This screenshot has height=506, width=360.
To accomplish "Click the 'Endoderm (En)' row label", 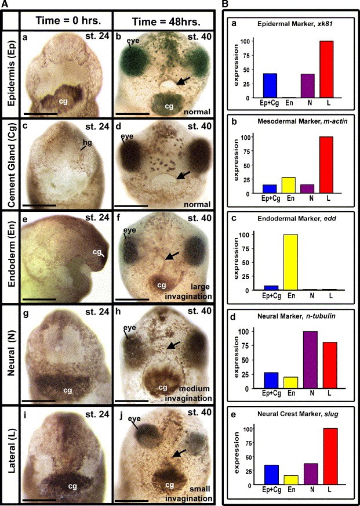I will [x=10, y=262].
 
